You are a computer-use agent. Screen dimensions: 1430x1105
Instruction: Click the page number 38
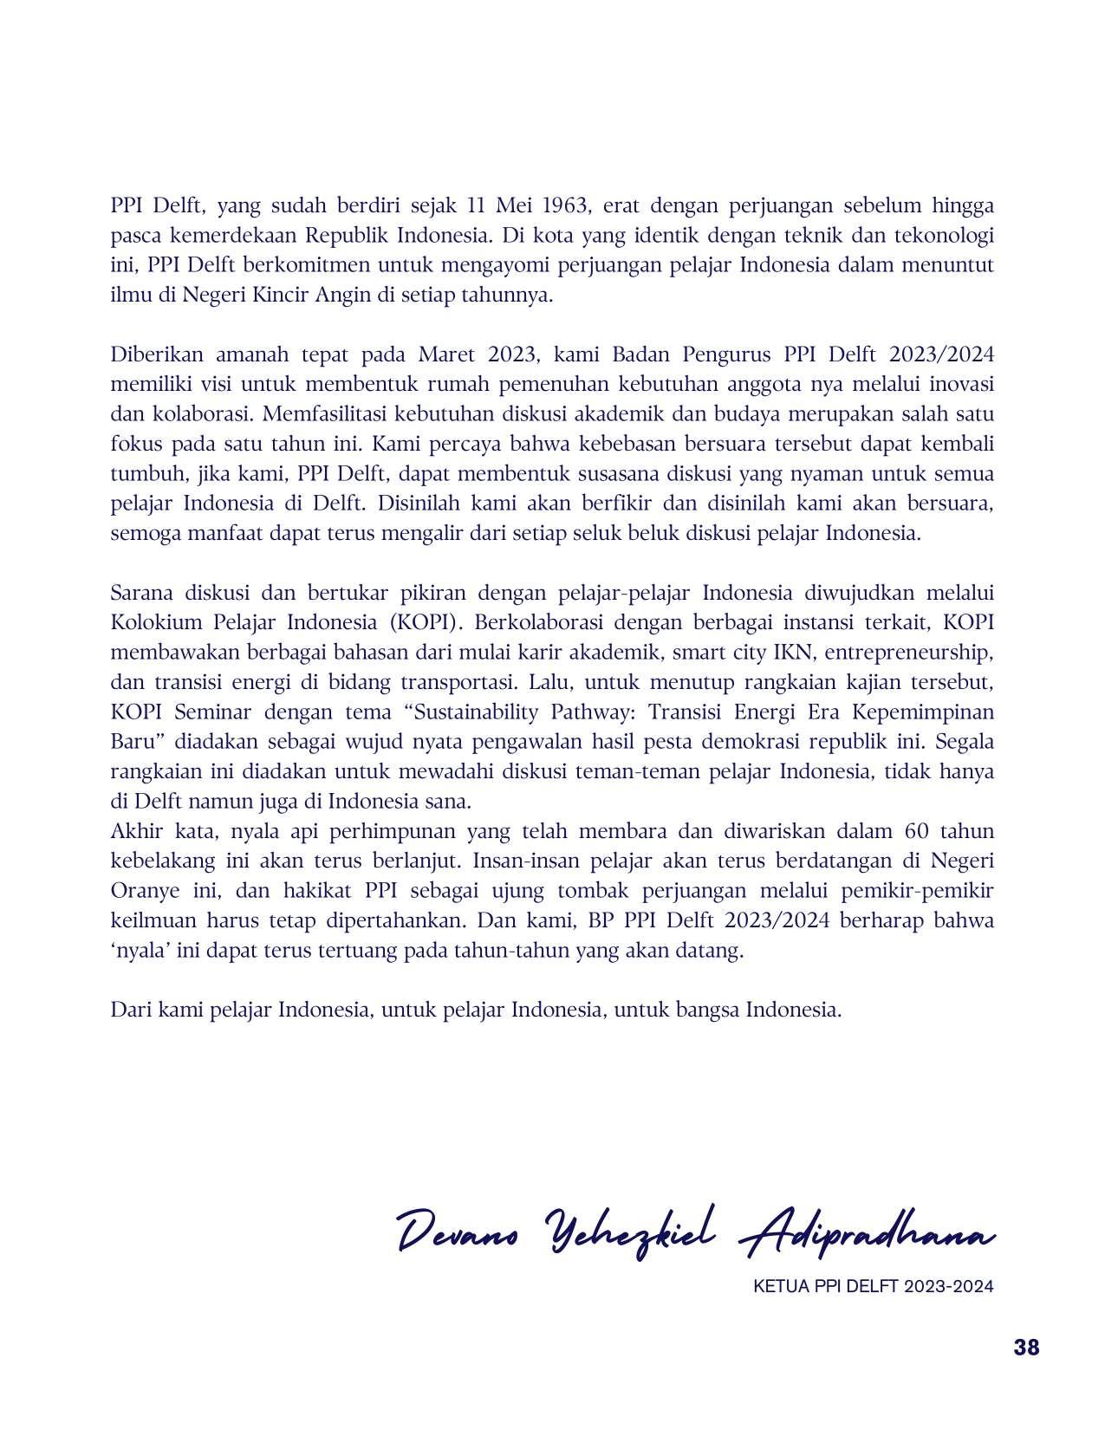1026,1348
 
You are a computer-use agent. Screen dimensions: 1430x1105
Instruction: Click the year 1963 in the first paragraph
565,206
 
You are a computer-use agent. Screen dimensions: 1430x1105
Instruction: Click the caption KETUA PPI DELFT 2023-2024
874,1286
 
